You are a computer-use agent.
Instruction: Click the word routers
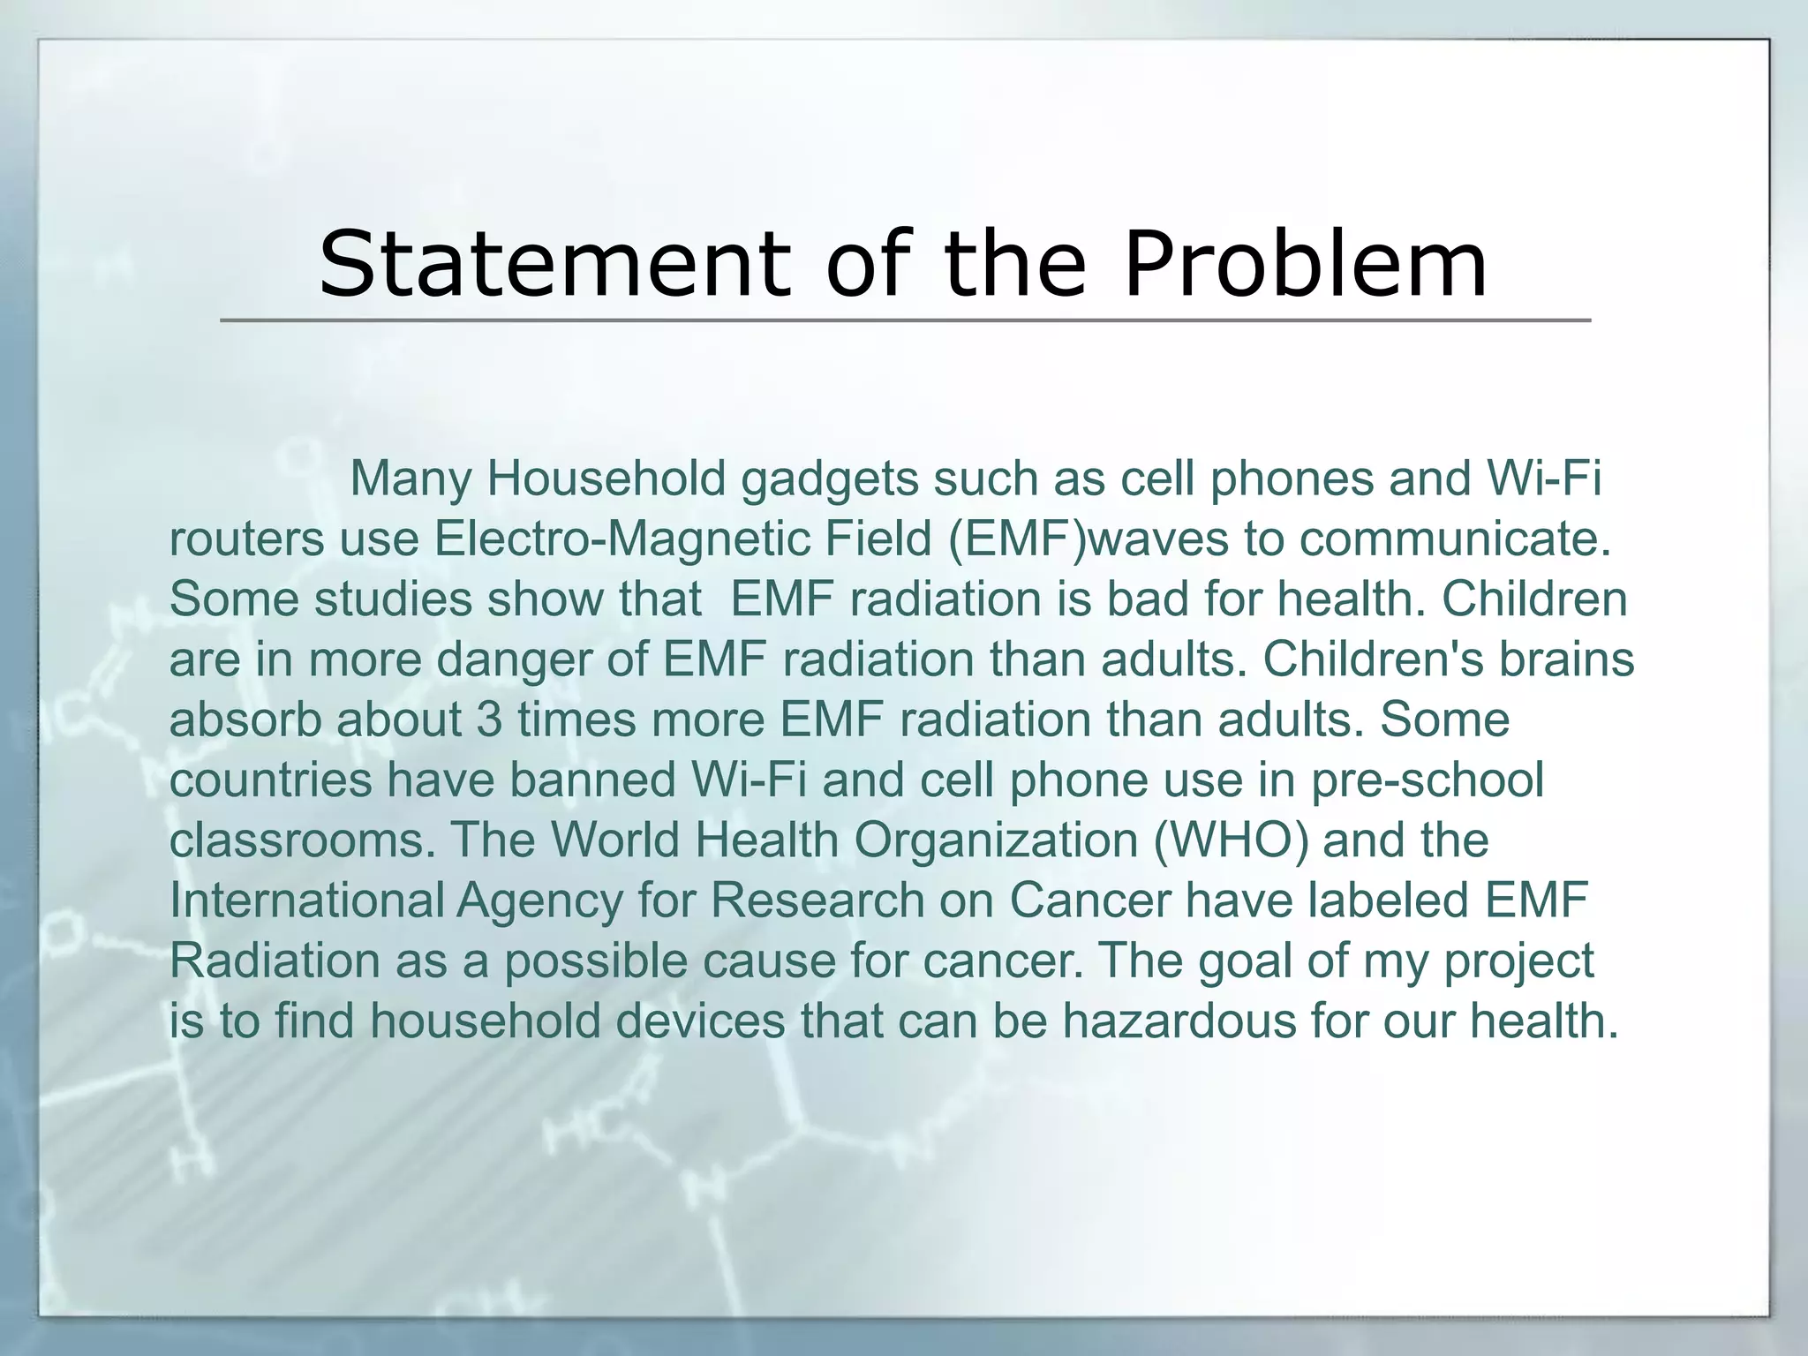(246, 539)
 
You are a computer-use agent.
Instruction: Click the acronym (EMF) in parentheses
(1016, 539)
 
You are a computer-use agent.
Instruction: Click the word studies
(394, 599)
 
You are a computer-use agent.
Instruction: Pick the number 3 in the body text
(489, 719)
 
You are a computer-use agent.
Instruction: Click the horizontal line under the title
(904, 320)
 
